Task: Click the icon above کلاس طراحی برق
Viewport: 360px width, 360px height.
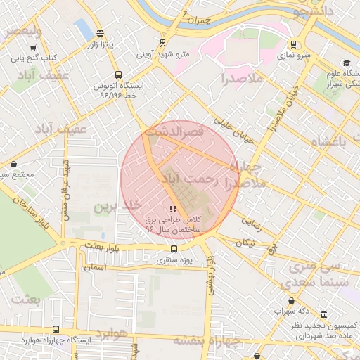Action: point(173,209)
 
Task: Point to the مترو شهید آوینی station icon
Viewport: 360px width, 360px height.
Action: point(163,42)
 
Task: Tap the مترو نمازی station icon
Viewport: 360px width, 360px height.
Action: point(292,44)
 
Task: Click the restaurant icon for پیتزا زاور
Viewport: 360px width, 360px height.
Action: point(100,33)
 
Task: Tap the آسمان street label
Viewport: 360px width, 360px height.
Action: point(94,268)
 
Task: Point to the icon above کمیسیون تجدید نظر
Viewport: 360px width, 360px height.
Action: point(323,315)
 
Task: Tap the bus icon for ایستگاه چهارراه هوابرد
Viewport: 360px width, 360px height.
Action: point(56,329)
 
